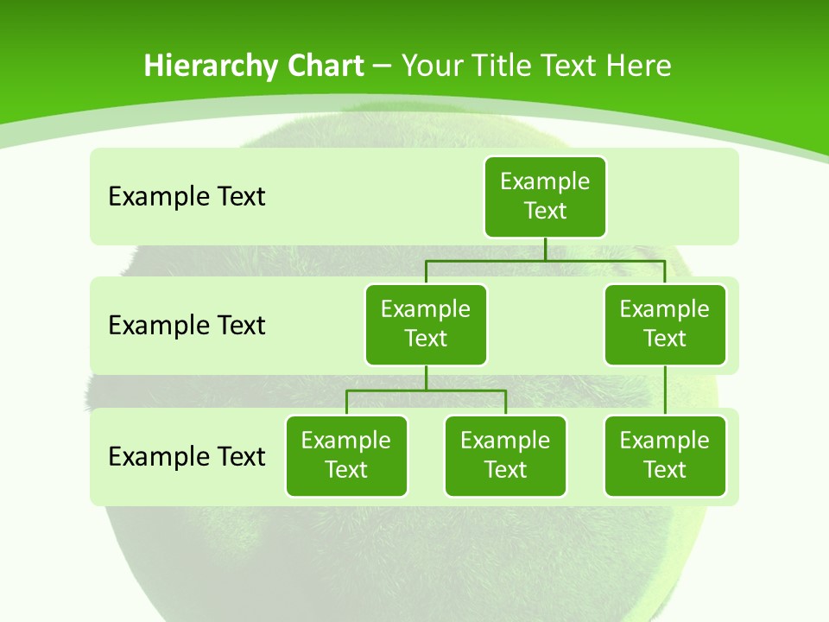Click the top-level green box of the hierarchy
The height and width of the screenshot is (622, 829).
coord(545,196)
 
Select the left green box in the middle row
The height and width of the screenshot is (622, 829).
coord(426,324)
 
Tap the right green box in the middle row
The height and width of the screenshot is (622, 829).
coord(665,324)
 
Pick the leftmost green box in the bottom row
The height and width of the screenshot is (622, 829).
coord(346,455)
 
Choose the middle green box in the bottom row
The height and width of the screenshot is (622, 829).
coord(505,455)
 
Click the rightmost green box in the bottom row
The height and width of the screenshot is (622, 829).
coord(665,455)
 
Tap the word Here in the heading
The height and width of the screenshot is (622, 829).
coord(638,67)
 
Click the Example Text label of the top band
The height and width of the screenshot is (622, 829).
coord(187,197)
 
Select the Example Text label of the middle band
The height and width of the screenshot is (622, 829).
coord(187,326)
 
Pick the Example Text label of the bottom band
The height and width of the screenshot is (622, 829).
coord(187,456)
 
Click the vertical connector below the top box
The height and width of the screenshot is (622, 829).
coord(545,249)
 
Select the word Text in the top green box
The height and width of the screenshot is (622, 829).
coord(545,211)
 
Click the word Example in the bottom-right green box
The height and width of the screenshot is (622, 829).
coord(665,441)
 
